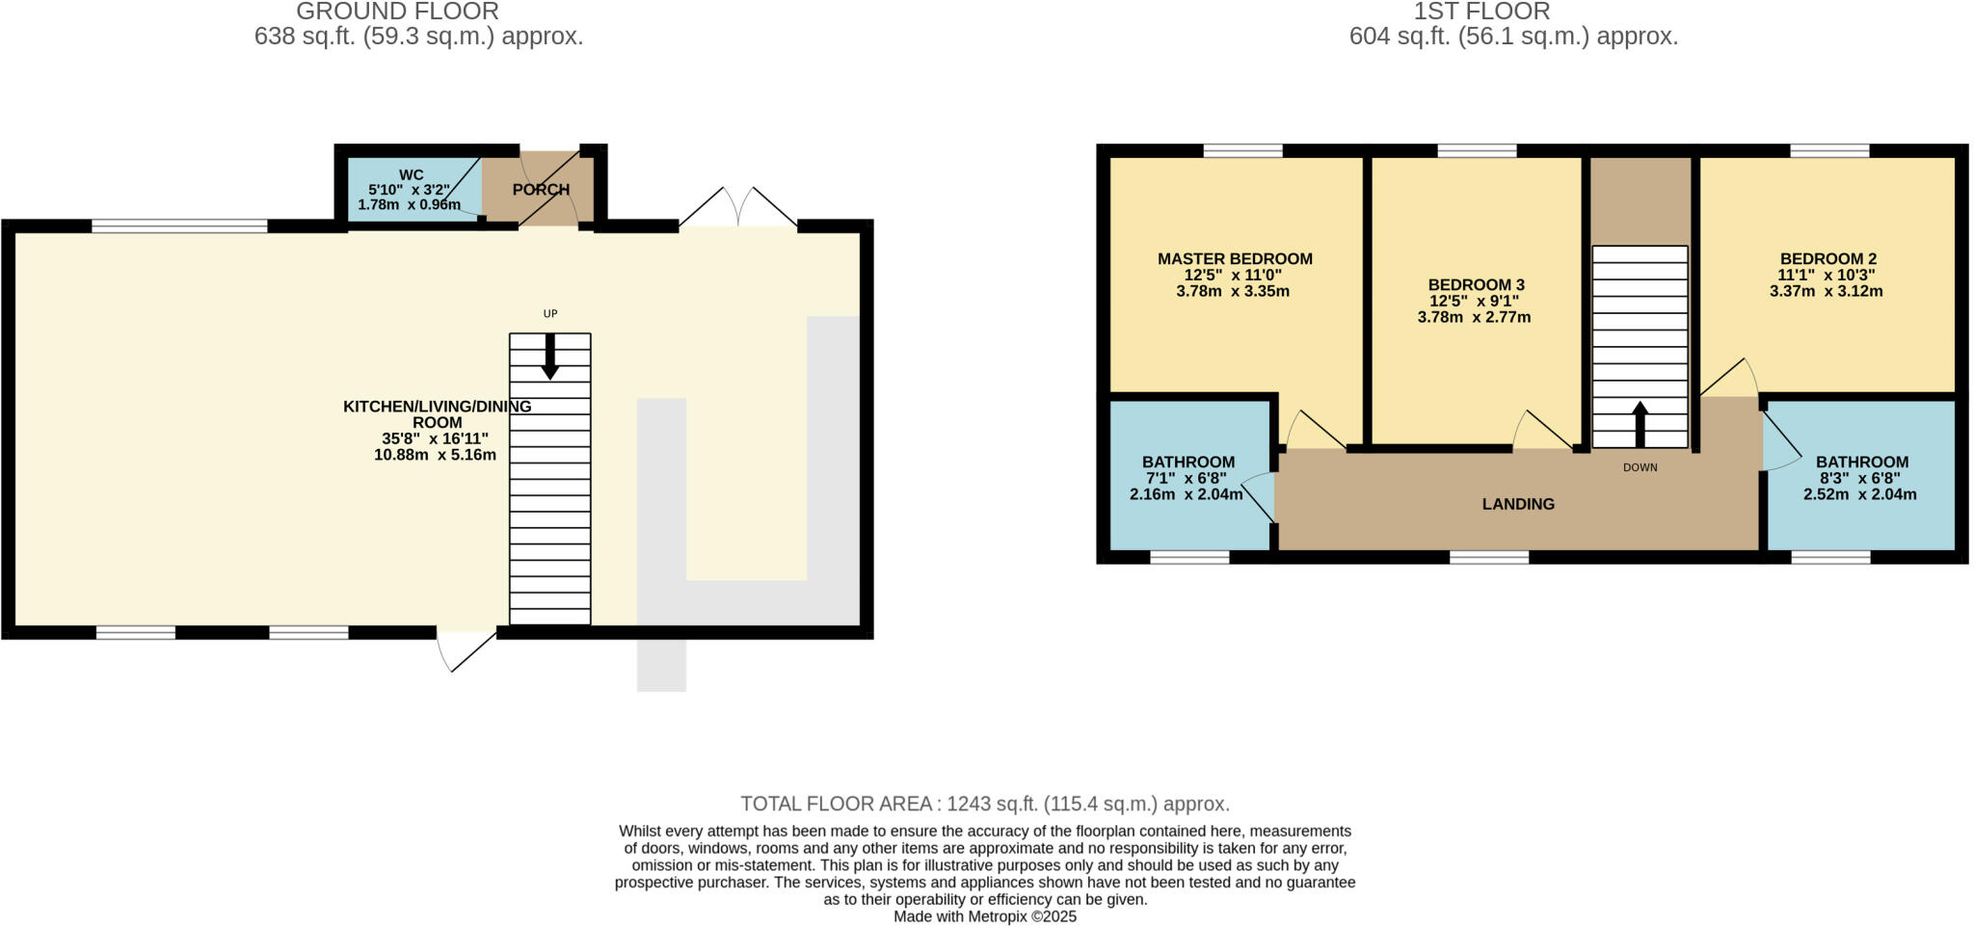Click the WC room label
(411, 175)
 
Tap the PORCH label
(541, 190)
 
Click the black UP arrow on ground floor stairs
(550, 357)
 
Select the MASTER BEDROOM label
(1235, 258)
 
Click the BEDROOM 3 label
(1476, 284)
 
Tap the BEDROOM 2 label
(1827, 258)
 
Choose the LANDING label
(1518, 504)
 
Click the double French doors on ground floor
(738, 207)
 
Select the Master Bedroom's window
(1242, 150)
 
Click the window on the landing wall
(1489, 556)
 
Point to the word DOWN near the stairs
(1640, 467)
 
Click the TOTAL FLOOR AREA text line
(985, 804)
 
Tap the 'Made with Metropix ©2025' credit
(985, 916)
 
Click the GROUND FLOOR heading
(397, 12)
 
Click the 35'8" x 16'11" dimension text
(435, 438)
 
